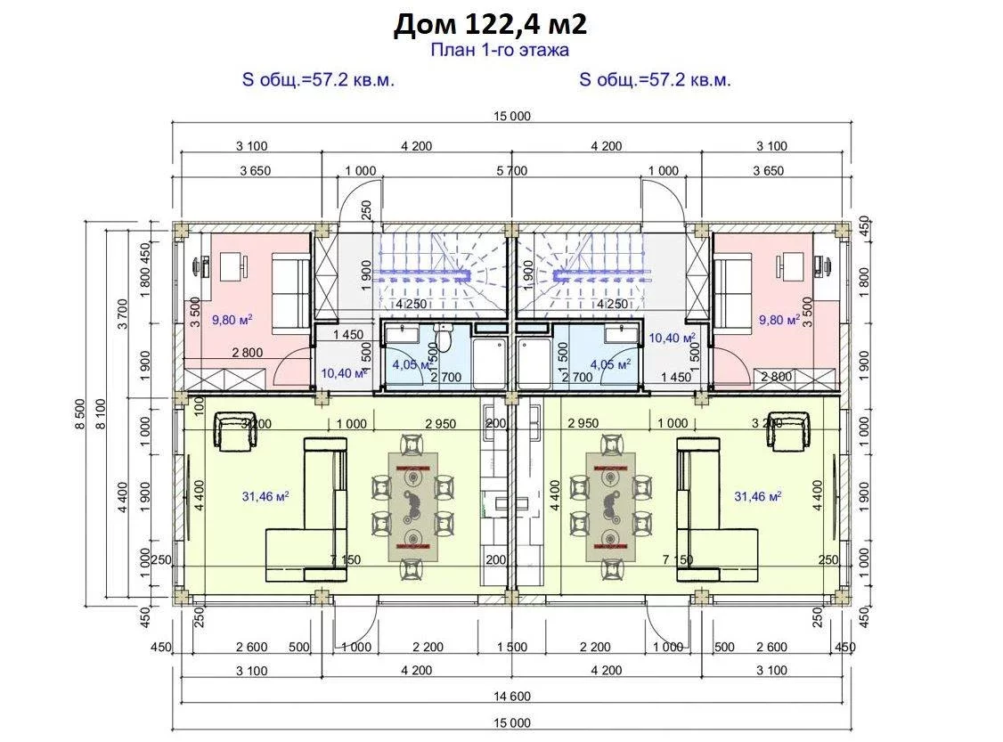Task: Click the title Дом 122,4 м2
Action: (490, 24)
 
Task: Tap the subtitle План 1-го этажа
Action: (500, 50)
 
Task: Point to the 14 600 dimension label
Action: (511, 697)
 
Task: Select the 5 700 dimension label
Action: (511, 171)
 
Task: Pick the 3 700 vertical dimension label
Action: (123, 314)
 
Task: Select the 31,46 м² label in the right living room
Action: (758, 496)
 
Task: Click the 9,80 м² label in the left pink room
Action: (232, 320)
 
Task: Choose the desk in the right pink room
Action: (791, 265)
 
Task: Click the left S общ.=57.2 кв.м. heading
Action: (318, 80)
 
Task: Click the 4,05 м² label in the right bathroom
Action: (610, 364)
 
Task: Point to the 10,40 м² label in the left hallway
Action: (344, 373)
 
